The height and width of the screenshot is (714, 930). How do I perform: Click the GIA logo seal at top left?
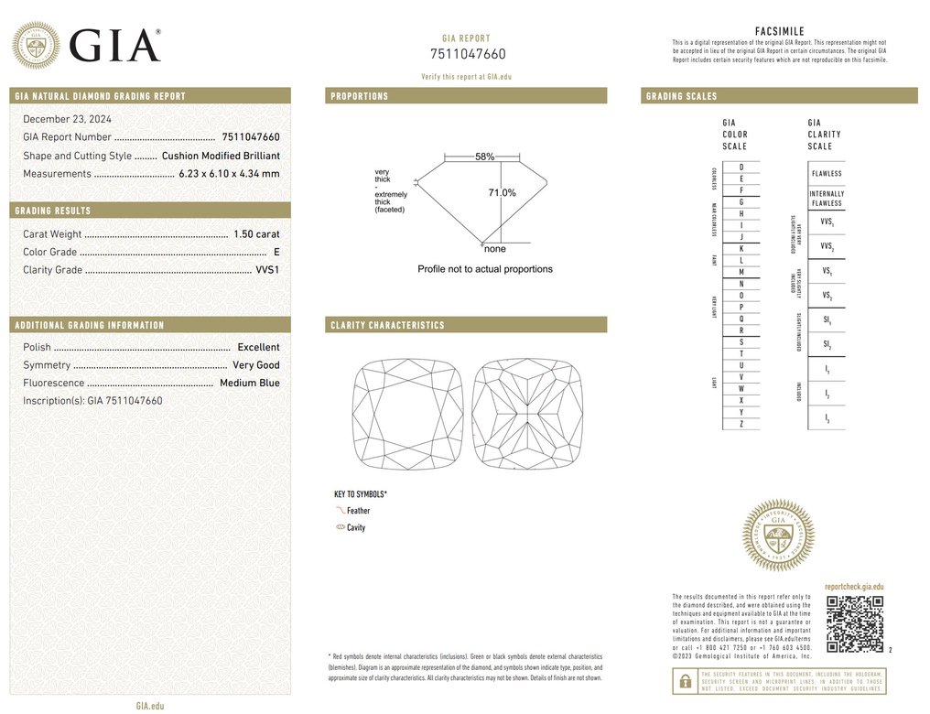pos(36,45)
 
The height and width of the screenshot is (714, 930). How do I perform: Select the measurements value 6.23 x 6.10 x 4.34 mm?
pos(229,174)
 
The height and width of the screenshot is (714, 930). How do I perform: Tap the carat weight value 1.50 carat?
pos(254,234)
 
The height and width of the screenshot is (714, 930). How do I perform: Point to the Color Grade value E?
pos(276,252)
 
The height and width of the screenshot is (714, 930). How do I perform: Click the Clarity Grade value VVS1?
pos(267,270)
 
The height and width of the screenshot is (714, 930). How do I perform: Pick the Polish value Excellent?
pos(258,348)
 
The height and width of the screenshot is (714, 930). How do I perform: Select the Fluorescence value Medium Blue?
pos(249,384)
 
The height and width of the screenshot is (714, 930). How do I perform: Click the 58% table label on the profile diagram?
pos(484,157)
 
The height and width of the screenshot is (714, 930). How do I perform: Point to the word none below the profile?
pos(494,249)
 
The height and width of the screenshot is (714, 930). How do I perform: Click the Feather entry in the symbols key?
pos(358,511)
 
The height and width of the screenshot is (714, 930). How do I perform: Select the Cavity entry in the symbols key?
pos(356,528)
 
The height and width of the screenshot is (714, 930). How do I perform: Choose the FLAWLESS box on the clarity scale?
pos(826,173)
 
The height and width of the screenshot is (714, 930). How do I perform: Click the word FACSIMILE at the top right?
pos(779,31)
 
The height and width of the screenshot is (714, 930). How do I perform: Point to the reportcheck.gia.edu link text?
pos(854,587)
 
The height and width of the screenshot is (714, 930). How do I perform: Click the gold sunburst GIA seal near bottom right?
pos(778,535)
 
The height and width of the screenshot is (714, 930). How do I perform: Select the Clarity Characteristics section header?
pos(387,325)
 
